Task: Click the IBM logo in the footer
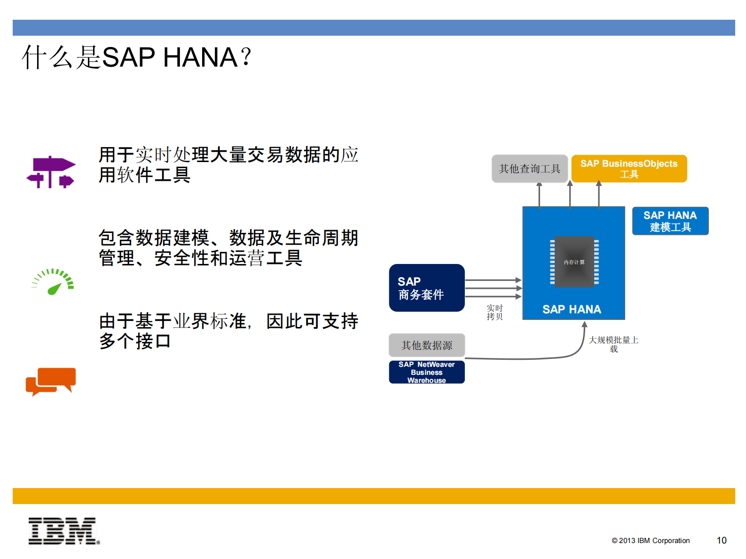pos(64,531)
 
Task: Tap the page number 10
pos(721,540)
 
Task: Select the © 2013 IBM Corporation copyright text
pos(651,541)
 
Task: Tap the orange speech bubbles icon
pos(51,381)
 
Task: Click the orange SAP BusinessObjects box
pos(628,169)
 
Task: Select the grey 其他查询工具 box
pos(529,169)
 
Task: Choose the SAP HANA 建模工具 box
pos(670,221)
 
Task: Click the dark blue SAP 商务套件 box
pos(426,287)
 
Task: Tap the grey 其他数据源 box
pos(426,345)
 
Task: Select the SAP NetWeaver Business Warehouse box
pos(426,372)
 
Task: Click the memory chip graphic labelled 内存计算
pos(574,262)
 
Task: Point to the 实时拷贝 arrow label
pos(495,312)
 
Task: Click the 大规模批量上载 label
pos(613,344)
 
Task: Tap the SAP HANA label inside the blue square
pos(572,309)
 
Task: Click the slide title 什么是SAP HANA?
pos(136,57)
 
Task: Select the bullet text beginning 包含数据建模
pos(228,248)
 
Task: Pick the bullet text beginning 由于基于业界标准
pos(228,331)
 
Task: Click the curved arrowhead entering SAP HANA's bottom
pos(584,325)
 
